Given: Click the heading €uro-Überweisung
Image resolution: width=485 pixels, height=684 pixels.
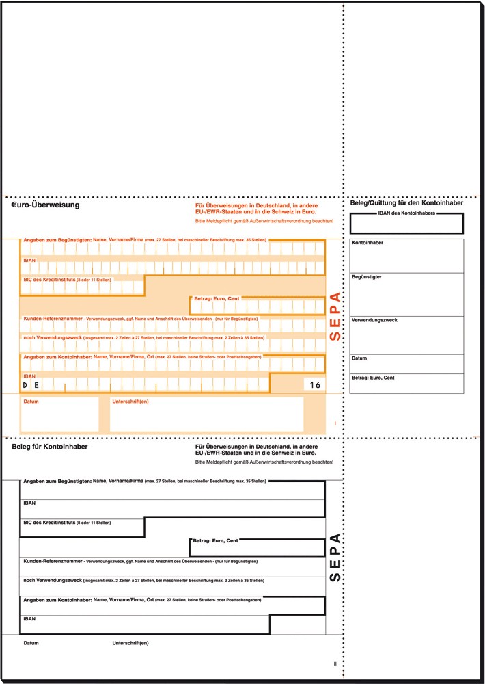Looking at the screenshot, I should tap(46, 205).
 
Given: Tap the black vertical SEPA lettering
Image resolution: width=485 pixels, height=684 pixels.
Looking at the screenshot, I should tap(335, 557).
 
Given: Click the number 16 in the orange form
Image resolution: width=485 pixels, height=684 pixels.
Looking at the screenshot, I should tap(314, 386).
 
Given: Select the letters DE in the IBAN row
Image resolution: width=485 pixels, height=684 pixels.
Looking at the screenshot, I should tap(30, 386).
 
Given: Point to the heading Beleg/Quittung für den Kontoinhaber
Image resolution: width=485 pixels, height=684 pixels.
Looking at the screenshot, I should tap(406, 203).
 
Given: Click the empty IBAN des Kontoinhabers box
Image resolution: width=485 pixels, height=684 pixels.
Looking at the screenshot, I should tap(406, 224).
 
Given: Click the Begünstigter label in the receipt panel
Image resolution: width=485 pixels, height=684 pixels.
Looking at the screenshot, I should tap(366, 277).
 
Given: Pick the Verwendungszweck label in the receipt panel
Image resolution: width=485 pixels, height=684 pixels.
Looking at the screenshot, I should tap(374, 320).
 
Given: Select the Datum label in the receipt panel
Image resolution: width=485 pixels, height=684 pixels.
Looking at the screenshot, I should tap(359, 358).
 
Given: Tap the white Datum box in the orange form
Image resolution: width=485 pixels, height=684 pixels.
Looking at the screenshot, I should tap(59, 416).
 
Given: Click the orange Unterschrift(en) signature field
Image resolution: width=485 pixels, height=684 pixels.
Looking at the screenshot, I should tap(206, 416).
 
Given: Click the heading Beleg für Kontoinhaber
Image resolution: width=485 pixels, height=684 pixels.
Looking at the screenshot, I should tap(49, 447).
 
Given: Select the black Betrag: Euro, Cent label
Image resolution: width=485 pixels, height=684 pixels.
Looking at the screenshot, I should tap(216, 541).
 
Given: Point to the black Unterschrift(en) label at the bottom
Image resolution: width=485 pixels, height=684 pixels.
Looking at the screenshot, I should tap(130, 643).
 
